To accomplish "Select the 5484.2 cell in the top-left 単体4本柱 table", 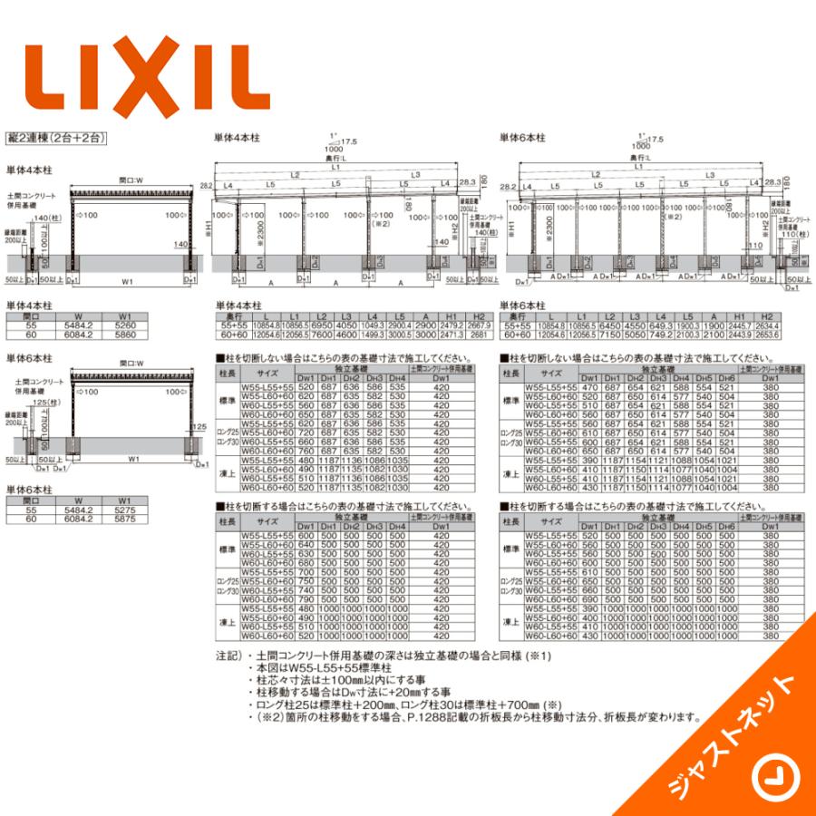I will point(79,326).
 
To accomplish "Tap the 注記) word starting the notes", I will point(229,656).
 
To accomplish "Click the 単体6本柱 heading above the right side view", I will point(522,138).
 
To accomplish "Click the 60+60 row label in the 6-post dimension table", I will point(516,334).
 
